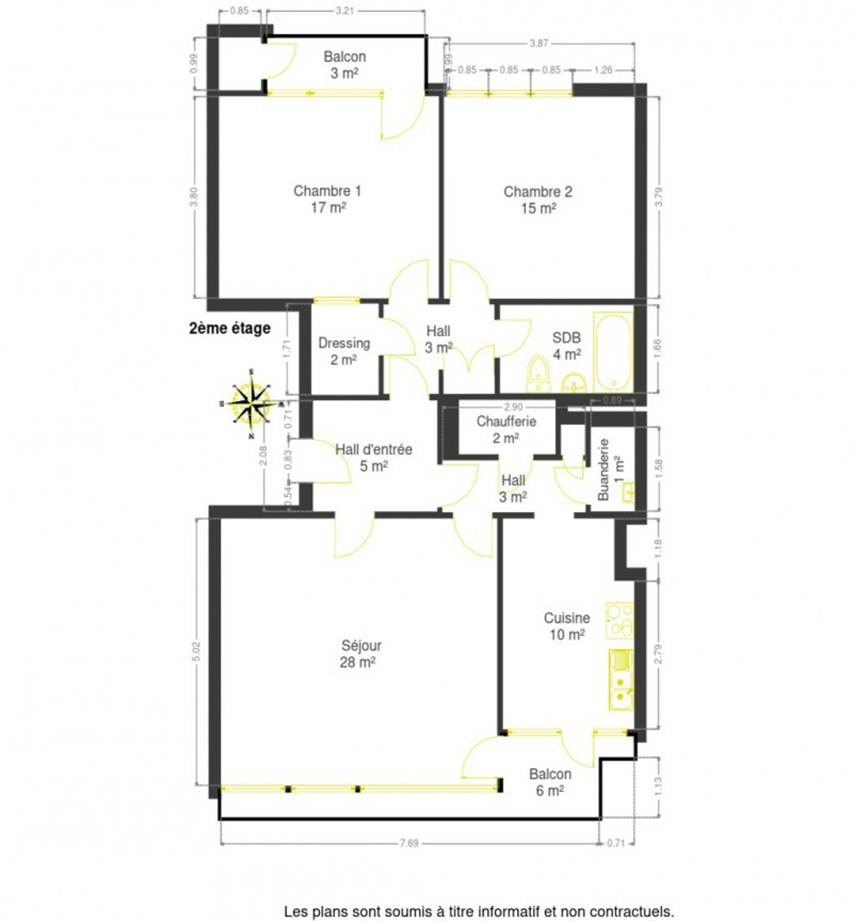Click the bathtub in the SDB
point(613,352)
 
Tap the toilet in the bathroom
point(538,375)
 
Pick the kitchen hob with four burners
point(619,620)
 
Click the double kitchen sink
point(621,679)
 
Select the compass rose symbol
point(251,404)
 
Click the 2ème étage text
point(230,328)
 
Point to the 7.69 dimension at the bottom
point(409,843)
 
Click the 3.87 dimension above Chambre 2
point(538,44)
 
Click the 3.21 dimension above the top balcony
point(345,10)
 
